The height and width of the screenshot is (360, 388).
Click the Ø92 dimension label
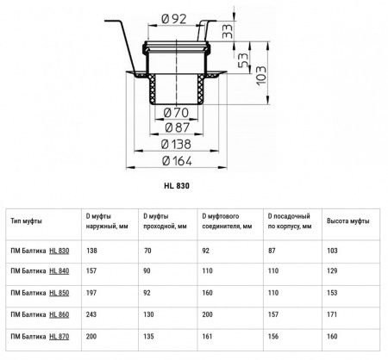(x=174, y=19)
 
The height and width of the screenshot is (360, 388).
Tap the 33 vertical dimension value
(x=228, y=31)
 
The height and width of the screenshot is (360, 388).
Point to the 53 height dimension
(x=243, y=60)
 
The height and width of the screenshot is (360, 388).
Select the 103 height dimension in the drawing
(x=261, y=76)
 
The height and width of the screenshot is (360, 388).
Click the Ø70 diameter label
(x=176, y=113)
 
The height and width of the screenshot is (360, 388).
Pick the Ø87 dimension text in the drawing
(x=178, y=127)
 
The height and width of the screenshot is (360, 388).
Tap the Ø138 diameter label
(x=176, y=144)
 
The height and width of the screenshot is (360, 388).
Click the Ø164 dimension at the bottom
(x=177, y=161)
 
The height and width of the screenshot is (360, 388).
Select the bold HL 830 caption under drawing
(x=177, y=186)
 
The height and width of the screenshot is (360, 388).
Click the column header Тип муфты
(x=26, y=220)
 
